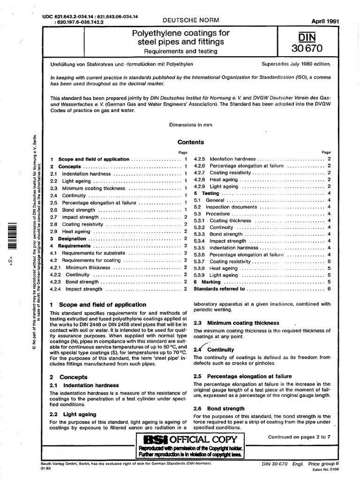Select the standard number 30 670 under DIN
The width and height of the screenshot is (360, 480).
[x=307, y=48]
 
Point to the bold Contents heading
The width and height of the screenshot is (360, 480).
[x=191, y=142]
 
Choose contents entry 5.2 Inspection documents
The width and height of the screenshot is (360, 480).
[x=231, y=207]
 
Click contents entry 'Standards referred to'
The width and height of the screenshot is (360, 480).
[x=219, y=289]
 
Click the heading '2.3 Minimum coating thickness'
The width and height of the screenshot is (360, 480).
[x=237, y=323]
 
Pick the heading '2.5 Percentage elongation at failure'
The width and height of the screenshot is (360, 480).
[x=242, y=376]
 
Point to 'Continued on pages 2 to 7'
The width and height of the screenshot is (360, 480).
[x=299, y=437]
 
